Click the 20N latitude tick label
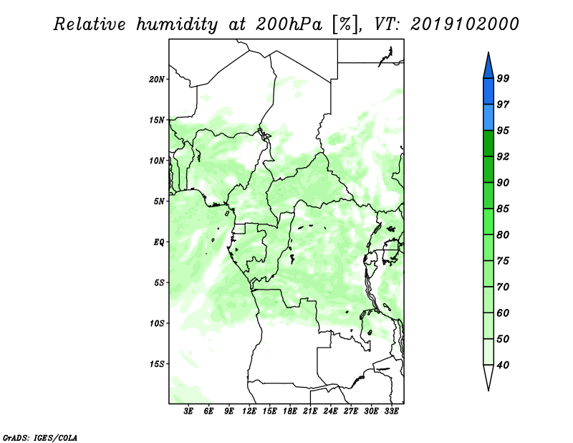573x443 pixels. (x=157, y=80)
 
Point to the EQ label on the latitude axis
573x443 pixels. (x=158, y=242)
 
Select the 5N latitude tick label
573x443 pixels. (x=159, y=201)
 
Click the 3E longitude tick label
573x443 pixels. (x=188, y=411)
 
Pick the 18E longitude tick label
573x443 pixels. (x=290, y=411)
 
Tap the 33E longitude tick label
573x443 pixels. (x=391, y=411)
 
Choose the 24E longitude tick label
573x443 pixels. (x=330, y=411)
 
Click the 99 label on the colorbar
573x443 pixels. (x=503, y=78)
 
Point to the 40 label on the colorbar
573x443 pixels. (x=503, y=365)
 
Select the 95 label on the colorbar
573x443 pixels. (x=503, y=130)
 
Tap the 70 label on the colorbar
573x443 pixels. (x=503, y=287)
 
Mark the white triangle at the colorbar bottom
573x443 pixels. (x=488, y=376)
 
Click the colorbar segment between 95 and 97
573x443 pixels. (x=488, y=118)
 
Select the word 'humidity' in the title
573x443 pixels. (x=177, y=25)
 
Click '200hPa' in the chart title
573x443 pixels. (x=289, y=24)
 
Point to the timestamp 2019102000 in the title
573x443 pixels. (x=464, y=24)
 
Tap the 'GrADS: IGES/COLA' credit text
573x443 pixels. (x=40, y=438)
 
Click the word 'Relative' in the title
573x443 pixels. (x=90, y=24)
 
